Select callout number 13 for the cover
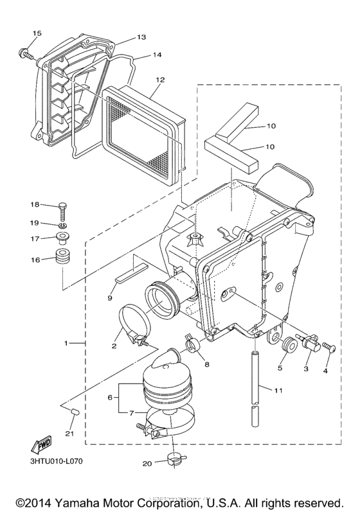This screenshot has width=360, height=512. (x=141, y=37)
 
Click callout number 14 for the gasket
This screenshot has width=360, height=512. (x=157, y=55)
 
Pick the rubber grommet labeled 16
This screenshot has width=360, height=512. (x=63, y=260)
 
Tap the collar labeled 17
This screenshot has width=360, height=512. (x=63, y=240)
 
